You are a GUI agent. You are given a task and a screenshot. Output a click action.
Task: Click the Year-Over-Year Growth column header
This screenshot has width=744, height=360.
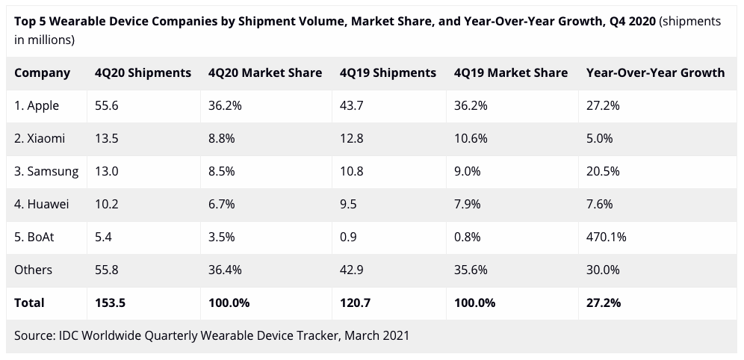pos(655,72)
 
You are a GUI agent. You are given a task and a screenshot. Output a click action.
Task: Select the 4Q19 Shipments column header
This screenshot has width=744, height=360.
pos(387,72)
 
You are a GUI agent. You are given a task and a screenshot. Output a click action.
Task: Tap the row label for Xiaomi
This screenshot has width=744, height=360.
pos(40,138)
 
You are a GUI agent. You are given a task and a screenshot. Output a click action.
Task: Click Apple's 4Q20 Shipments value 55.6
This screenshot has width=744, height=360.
pos(107,105)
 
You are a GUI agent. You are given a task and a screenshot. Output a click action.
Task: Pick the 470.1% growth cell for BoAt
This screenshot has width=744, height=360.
pos(607,237)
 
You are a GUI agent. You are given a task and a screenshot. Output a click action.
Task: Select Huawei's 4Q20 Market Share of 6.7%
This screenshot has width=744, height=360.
pos(222,204)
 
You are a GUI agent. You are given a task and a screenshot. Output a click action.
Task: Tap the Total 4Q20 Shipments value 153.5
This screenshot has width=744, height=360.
pos(110,302)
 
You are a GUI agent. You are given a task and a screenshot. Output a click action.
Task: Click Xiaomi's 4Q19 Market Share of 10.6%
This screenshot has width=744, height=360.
pos(471,138)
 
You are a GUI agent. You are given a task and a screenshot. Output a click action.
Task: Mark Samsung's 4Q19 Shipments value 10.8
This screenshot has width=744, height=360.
pos(351,171)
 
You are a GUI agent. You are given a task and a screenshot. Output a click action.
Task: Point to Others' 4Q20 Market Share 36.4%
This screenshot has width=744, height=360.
pos(225,270)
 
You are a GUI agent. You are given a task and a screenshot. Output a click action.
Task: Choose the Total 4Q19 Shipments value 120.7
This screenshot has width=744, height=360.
pos(355,302)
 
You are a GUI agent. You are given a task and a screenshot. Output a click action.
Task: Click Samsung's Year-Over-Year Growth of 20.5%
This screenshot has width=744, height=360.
pos(603,171)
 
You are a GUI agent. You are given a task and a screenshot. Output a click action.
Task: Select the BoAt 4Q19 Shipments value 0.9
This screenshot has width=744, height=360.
pos(347,237)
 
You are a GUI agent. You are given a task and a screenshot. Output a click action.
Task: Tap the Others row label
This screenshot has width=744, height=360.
pos(34,270)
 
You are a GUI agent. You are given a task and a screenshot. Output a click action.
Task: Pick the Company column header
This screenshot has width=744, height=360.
pos(42,72)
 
